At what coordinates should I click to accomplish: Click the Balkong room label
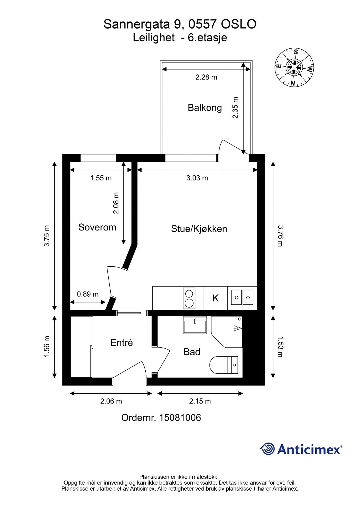pyautogui.click(x=205, y=108)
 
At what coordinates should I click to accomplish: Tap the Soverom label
pyautogui.click(x=97, y=227)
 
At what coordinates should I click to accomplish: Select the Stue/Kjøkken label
pyautogui.click(x=199, y=229)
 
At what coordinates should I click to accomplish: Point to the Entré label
pyautogui.click(x=122, y=342)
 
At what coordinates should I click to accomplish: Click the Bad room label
pyautogui.click(x=192, y=352)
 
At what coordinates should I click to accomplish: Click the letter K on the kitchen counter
pyautogui.click(x=215, y=298)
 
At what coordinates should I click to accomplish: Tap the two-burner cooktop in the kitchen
pyautogui.click(x=189, y=298)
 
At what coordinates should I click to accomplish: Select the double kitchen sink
pyautogui.click(x=242, y=297)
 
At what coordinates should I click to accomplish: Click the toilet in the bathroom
pyautogui.click(x=224, y=365)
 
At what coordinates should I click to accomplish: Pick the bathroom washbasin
pyautogui.click(x=195, y=325)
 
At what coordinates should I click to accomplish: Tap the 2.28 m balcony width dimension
pyautogui.click(x=206, y=77)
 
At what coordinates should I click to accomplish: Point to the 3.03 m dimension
pyautogui.click(x=197, y=178)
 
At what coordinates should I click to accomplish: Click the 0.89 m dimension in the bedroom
pyautogui.click(x=88, y=294)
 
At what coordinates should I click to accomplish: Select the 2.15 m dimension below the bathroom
pyautogui.click(x=200, y=401)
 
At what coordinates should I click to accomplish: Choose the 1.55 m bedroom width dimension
pyautogui.click(x=101, y=178)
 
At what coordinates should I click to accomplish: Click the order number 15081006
pyautogui.click(x=180, y=418)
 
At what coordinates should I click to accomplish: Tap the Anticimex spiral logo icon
pyautogui.click(x=268, y=449)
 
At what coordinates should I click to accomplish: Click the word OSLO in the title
pyautogui.click(x=238, y=24)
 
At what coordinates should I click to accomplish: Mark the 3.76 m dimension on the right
pyautogui.click(x=280, y=236)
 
